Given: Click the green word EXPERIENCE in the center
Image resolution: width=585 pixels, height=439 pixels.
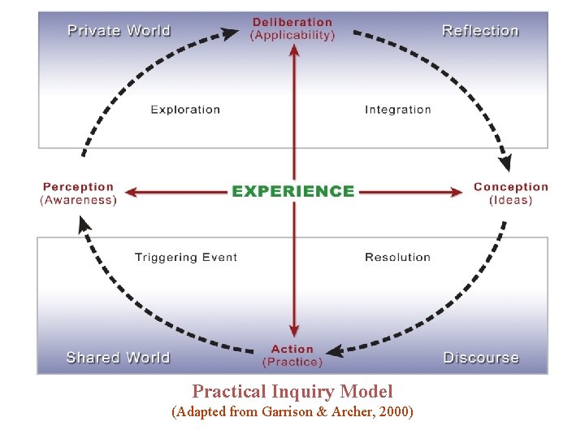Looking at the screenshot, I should point(292,192).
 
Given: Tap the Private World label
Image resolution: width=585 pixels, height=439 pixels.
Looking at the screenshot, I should point(119,31).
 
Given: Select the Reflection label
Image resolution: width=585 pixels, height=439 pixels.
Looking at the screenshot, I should point(480,31).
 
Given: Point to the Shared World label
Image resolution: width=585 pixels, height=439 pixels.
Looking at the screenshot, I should point(118,358).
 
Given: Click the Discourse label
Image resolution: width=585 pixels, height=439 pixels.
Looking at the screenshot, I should point(481,358).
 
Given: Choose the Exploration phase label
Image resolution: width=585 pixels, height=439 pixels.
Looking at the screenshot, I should point(185,110).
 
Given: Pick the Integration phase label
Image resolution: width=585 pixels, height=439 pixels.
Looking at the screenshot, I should point(398,110).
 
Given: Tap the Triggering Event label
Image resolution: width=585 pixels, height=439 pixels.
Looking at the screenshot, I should point(186,258).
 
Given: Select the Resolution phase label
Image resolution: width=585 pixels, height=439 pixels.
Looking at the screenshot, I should point(397,258).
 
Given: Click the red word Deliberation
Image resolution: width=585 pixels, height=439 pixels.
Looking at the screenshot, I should point(292,23).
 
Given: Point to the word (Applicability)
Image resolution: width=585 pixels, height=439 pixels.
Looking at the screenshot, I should point(292,36).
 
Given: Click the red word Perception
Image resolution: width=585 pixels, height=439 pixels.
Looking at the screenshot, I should point(78,187).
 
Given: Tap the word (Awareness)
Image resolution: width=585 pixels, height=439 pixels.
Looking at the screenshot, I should point(78,200).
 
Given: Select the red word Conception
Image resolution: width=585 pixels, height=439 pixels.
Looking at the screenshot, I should point(511,187).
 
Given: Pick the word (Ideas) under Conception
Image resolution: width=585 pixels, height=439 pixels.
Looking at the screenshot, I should point(511,200).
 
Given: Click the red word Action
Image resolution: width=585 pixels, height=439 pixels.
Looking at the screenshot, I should point(292,350).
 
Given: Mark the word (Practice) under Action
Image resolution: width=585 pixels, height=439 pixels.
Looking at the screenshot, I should point(292,363).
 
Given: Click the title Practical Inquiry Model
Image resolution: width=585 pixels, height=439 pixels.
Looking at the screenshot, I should point(292,392).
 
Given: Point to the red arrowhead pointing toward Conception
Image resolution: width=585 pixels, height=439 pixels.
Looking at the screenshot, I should point(457,193).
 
